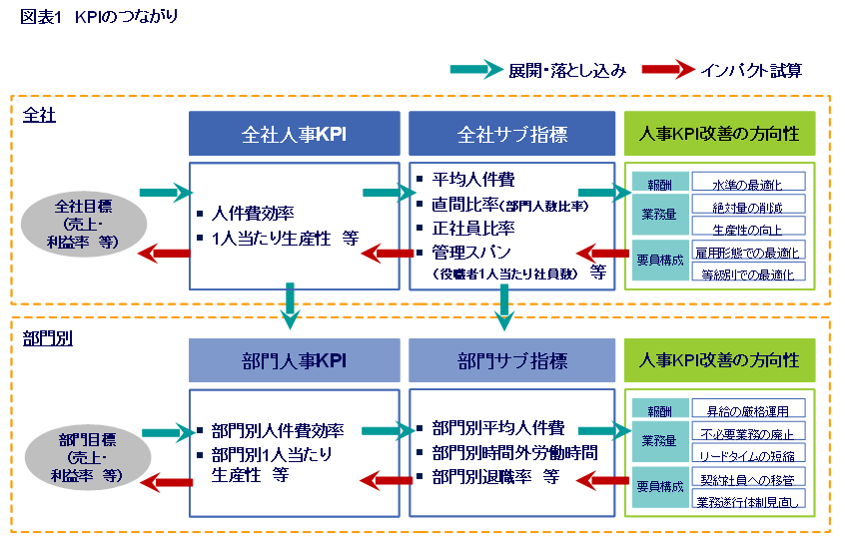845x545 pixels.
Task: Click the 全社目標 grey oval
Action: point(83,223)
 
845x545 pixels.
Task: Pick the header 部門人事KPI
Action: point(294,360)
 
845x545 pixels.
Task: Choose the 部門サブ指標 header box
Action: point(511,360)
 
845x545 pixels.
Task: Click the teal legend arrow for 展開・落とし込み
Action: point(474,70)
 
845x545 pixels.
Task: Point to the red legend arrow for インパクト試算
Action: point(667,70)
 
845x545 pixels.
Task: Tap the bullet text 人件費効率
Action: point(252,212)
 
